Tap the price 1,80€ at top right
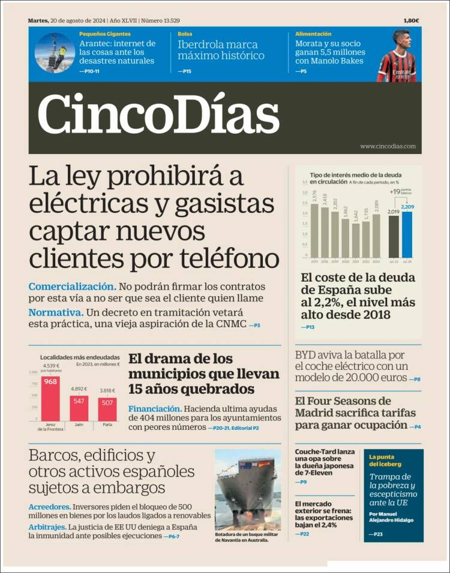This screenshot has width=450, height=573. tap(411, 20)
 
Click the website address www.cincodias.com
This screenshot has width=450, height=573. tap(388, 146)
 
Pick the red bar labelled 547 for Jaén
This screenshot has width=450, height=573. tap(79, 408)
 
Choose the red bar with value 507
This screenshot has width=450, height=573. tap(107, 409)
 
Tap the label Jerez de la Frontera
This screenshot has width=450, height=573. tap(50, 427)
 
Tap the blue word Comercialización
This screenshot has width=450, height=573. tap(72, 286)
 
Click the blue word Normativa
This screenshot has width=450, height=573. tap(55, 312)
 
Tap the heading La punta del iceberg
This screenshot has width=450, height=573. tap(385, 460)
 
